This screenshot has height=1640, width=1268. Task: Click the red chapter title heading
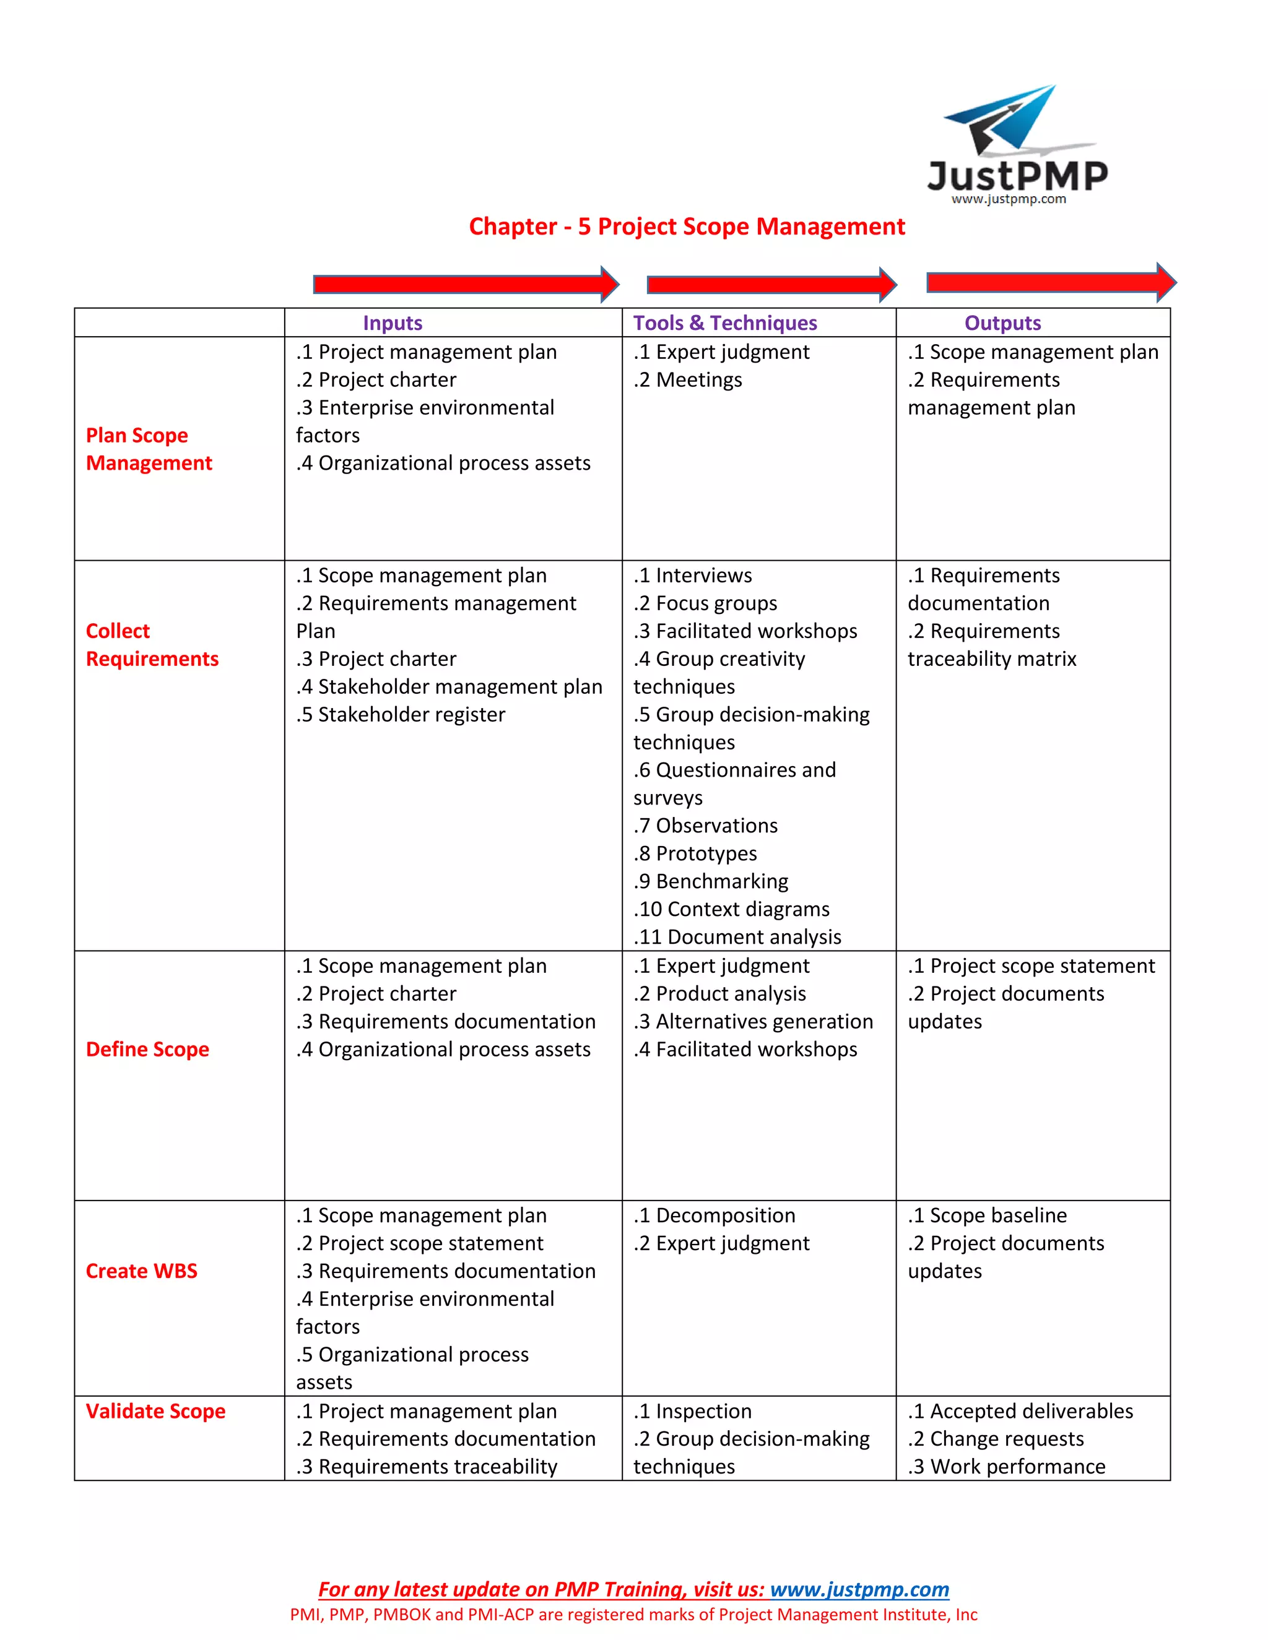pos(687,226)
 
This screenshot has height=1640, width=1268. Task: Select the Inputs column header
pos(392,323)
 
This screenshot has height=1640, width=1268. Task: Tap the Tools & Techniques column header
pos(725,323)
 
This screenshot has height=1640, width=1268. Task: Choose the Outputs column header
pos(1002,323)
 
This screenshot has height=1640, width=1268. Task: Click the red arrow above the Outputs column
pos(1050,282)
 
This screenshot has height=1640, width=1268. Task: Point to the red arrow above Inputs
pos(465,284)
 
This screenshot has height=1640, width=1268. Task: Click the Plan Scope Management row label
pos(149,449)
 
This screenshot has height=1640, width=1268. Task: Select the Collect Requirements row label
pos(152,644)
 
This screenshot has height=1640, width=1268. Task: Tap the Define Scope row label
pos(147,1049)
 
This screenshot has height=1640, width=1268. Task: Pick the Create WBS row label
pos(141,1271)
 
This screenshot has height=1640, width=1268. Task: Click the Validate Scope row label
pos(155,1411)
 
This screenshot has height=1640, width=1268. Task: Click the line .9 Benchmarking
pos(711,881)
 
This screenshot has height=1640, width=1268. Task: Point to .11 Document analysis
pos(737,936)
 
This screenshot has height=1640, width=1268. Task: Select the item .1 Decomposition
pos(714,1215)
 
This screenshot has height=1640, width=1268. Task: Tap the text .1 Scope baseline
pos(987,1215)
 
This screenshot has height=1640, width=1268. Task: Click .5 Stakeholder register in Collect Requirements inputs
pos(401,714)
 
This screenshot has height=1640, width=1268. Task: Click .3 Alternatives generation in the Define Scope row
pos(753,1021)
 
